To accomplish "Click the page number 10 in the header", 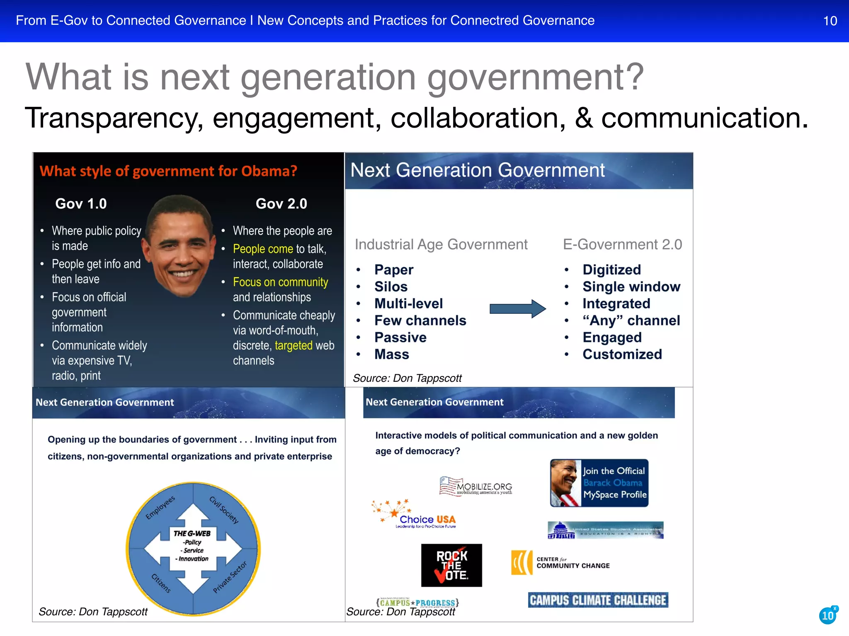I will click(830, 21).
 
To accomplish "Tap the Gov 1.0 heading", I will click(81, 204).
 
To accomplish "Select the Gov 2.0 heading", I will click(281, 204).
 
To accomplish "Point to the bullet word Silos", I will click(391, 287).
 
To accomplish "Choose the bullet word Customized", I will click(622, 354).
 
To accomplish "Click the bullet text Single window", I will click(631, 287).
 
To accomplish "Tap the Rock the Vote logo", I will click(451, 565).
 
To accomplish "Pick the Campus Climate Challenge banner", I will click(598, 600).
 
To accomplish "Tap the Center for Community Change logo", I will click(560, 563).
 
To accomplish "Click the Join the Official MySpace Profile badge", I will click(599, 483).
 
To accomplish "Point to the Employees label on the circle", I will click(160, 507).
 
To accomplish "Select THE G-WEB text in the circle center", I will click(192, 533).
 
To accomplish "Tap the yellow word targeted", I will click(294, 345).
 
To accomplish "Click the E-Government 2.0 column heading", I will click(622, 245).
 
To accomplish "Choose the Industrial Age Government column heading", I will click(441, 245).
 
